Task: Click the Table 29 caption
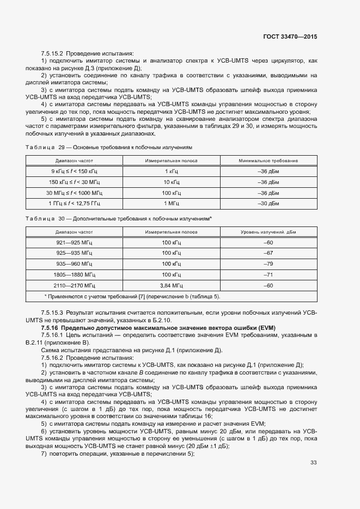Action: (x=108, y=148)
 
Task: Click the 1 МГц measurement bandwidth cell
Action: (x=173, y=204)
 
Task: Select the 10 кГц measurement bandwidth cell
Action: (x=173, y=182)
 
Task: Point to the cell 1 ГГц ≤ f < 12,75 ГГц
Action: (x=75, y=204)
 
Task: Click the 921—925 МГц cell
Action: (x=75, y=242)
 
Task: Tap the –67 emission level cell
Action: (x=268, y=253)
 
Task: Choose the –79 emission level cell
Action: (x=268, y=263)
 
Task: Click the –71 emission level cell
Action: (x=268, y=274)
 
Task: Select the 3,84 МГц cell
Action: (x=173, y=285)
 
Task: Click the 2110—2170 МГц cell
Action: (x=75, y=285)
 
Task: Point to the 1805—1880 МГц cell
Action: (x=75, y=274)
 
